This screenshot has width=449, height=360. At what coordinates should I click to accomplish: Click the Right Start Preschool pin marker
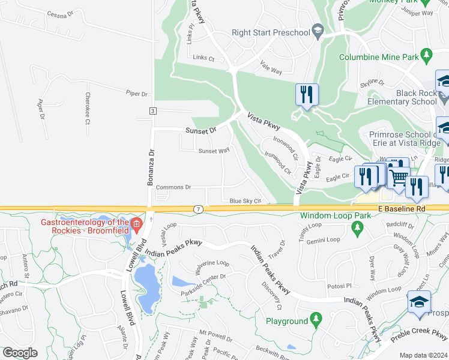tap(318, 32)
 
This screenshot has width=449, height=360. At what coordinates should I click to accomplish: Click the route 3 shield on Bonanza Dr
tap(153, 111)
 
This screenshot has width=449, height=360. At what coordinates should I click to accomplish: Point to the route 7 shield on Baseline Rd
tap(198, 208)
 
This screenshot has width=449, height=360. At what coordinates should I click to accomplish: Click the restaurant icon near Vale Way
tap(306, 94)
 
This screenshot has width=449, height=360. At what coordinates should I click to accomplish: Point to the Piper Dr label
tap(136, 94)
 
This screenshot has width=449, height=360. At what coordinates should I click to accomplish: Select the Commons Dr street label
tap(173, 187)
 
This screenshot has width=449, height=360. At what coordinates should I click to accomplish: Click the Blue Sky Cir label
tap(245, 201)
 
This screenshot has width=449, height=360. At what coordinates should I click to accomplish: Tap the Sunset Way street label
tap(214, 151)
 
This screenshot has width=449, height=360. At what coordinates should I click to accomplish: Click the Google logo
tap(20, 353)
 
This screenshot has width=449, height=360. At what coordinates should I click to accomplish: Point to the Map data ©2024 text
tap(423, 355)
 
